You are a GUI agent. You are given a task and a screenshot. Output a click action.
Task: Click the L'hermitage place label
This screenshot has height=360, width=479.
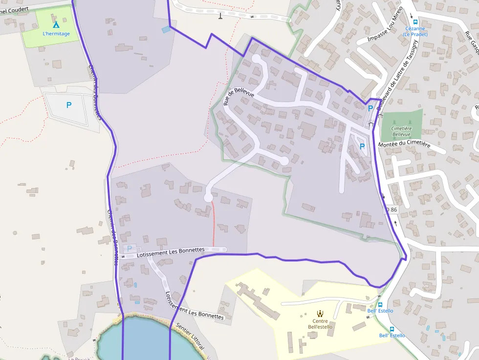56,34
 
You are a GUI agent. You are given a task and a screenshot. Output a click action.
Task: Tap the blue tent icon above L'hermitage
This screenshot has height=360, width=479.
56,24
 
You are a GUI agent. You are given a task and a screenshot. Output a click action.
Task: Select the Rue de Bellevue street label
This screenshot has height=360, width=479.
239,96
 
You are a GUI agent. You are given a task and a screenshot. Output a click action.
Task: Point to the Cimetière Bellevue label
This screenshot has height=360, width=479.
401,131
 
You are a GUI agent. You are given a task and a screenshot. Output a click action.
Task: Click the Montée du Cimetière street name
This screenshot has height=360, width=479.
404,145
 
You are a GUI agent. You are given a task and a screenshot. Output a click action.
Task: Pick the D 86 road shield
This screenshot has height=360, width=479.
391,210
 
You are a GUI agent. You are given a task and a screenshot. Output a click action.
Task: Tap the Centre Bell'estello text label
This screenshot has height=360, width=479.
320,324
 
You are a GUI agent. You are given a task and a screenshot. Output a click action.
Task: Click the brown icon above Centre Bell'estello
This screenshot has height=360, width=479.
320,314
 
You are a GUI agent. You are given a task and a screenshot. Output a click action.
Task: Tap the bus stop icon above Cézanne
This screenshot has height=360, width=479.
415,21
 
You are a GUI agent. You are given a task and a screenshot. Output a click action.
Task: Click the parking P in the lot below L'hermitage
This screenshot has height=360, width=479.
68,105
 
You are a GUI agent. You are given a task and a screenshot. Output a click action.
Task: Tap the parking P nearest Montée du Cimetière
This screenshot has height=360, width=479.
362,146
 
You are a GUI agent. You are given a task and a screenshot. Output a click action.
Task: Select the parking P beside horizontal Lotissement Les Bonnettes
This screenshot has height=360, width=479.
130,249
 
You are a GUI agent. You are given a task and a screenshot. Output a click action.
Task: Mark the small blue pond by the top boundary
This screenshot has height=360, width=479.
166,29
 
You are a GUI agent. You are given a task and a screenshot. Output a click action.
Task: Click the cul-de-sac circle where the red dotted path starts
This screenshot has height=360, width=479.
209,197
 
